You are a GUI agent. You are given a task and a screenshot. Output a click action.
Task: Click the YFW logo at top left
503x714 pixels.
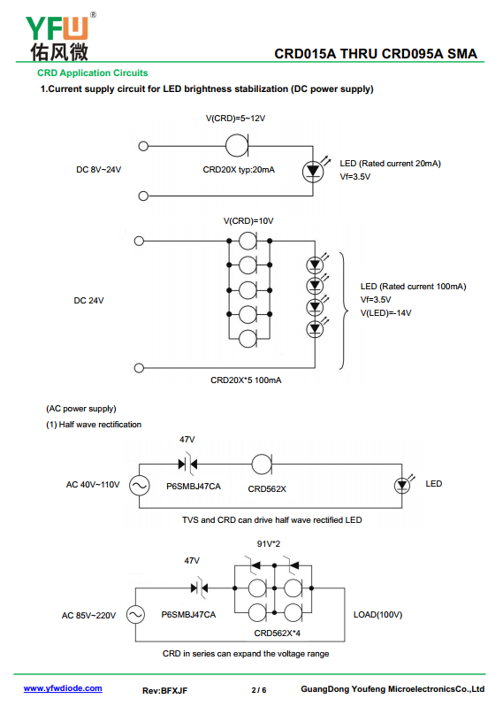(x=60, y=36)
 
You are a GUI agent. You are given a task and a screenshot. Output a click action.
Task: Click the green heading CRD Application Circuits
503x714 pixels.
(x=92, y=73)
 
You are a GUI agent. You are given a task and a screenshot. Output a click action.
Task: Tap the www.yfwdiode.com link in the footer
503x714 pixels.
(x=63, y=688)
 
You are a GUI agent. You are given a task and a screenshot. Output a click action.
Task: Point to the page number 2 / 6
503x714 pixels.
(x=259, y=690)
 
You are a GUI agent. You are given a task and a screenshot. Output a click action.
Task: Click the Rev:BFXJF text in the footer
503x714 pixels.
(x=164, y=690)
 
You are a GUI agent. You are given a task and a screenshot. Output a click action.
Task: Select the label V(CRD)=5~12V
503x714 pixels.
(x=235, y=119)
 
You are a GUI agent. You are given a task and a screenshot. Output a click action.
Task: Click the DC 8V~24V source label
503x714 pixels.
(x=99, y=170)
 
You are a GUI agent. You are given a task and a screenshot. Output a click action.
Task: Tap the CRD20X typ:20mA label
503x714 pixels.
(x=239, y=170)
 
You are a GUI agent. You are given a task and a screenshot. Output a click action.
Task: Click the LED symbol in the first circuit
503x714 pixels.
(x=313, y=172)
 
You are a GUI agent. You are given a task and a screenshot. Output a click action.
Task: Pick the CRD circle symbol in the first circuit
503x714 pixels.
(x=237, y=146)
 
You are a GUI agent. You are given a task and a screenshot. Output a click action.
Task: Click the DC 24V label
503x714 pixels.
(x=88, y=301)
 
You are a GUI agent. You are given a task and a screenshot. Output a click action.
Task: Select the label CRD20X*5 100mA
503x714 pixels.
(x=246, y=380)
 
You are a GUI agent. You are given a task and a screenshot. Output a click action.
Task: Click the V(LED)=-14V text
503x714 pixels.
(x=385, y=313)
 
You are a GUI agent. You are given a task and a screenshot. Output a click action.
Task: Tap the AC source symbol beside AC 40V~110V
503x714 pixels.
(x=139, y=486)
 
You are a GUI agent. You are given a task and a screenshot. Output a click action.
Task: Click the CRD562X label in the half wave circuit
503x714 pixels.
(x=267, y=489)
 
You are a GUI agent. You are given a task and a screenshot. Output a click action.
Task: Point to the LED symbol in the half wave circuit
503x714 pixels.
(x=402, y=486)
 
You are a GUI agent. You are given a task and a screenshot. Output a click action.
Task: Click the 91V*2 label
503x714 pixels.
(x=269, y=544)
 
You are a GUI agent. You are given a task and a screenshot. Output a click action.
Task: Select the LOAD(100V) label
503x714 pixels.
(x=378, y=615)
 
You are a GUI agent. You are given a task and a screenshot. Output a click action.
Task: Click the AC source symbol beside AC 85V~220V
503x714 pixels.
(x=135, y=615)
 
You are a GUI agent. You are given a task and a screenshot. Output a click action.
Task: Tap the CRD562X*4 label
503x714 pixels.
(x=277, y=633)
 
